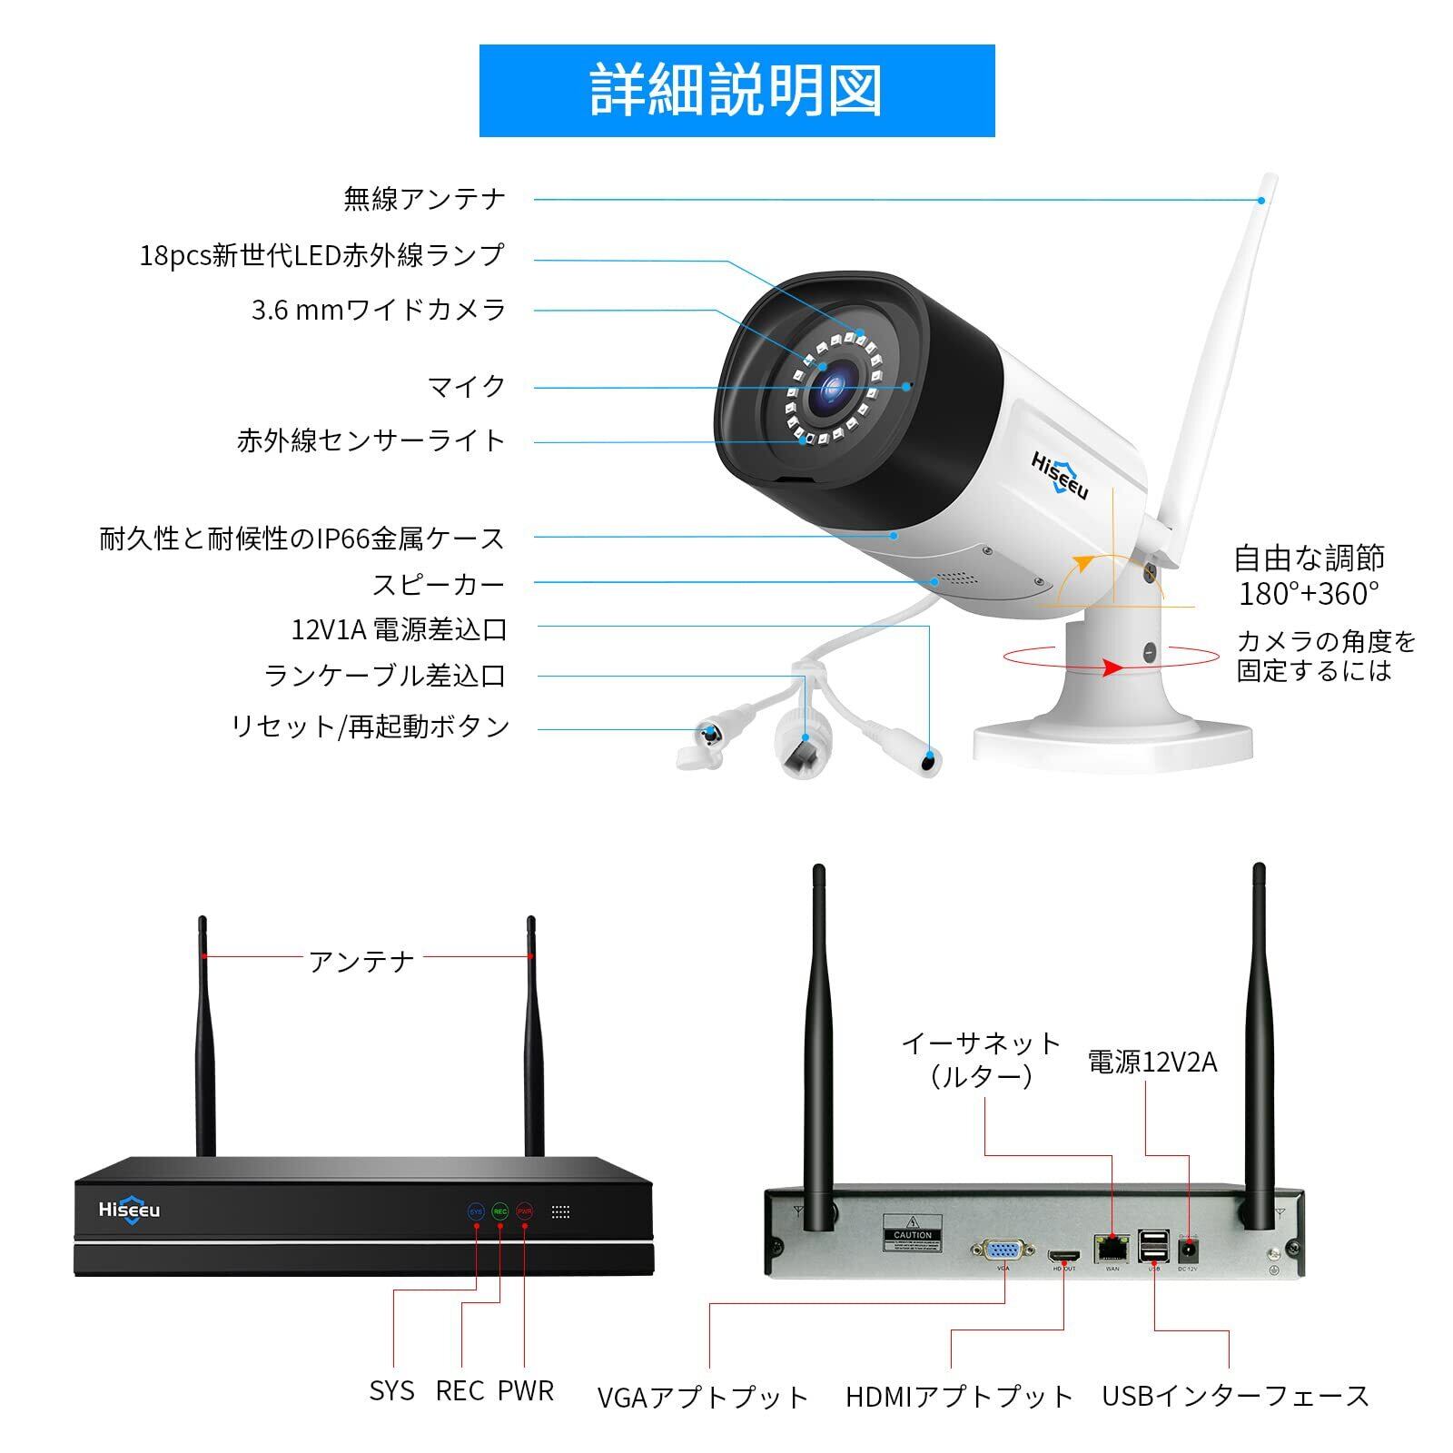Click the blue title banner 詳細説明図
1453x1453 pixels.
pyautogui.click(x=736, y=91)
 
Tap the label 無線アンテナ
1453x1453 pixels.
pyautogui.click(x=424, y=198)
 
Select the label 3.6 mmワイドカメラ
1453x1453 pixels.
pyautogui.click(x=379, y=310)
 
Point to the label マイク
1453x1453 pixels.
pyautogui.click(x=466, y=386)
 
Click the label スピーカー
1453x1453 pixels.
pyautogui.click(x=438, y=584)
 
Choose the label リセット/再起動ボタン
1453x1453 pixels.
pyautogui.click(x=371, y=726)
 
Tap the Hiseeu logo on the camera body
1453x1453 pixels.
pyautogui.click(x=1059, y=475)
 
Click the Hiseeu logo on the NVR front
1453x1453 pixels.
pyautogui.click(x=129, y=1210)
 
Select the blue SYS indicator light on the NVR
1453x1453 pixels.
pyautogui.click(x=476, y=1211)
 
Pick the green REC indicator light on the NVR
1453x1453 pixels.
pyautogui.click(x=500, y=1211)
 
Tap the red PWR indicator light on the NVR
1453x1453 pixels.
pyautogui.click(x=525, y=1211)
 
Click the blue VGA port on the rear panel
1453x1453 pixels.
pyautogui.click(x=1003, y=1250)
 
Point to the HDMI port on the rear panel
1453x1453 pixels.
pyautogui.click(x=1063, y=1257)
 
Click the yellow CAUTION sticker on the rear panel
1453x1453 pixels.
pyautogui.click(x=912, y=1232)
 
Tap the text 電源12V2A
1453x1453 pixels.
pyautogui.click(x=1152, y=1062)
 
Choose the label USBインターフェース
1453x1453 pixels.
pyautogui.click(x=1235, y=1396)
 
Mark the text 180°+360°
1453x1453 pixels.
pyautogui.click(x=1309, y=594)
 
